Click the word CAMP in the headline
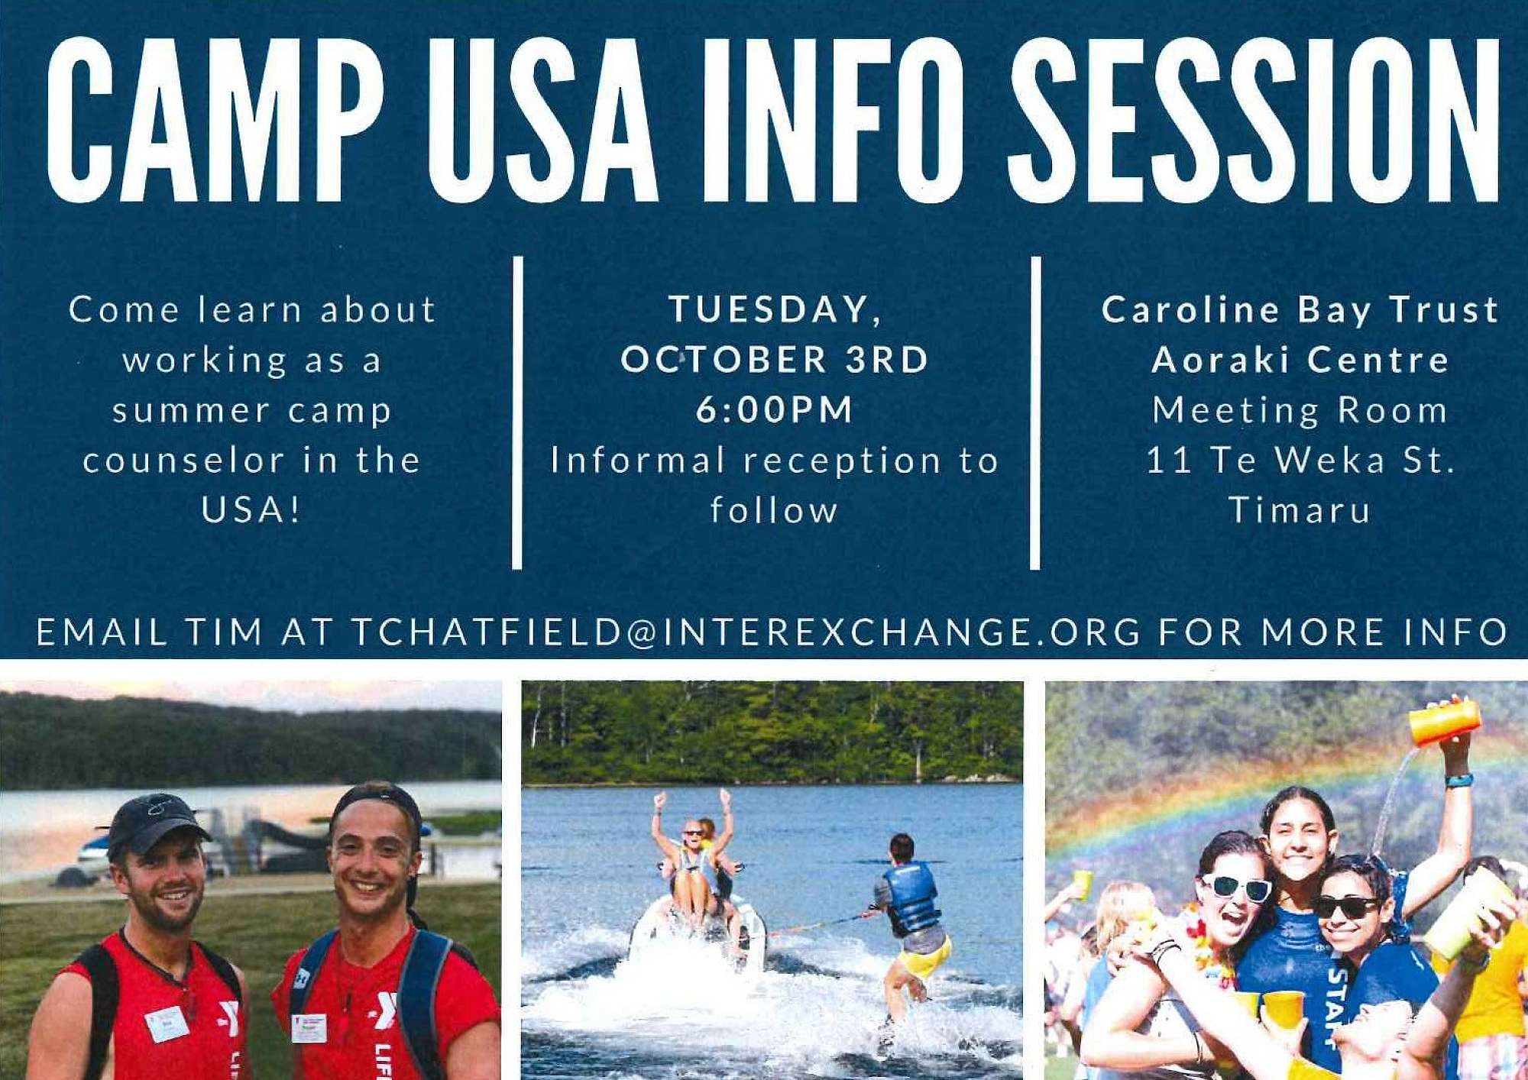(x=215, y=120)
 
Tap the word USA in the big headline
(x=542, y=120)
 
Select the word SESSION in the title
(x=1253, y=120)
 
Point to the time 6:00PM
(x=774, y=409)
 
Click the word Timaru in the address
(x=1300, y=509)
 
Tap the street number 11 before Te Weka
(x=1169, y=460)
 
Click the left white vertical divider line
(x=517, y=412)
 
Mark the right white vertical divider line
(x=1035, y=412)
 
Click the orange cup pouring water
(x=1445, y=721)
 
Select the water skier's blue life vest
(x=911, y=897)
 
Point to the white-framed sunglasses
(x=1236, y=888)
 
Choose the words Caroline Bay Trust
(x=1300, y=309)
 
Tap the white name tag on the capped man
(x=166, y=1023)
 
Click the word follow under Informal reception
(x=774, y=510)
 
